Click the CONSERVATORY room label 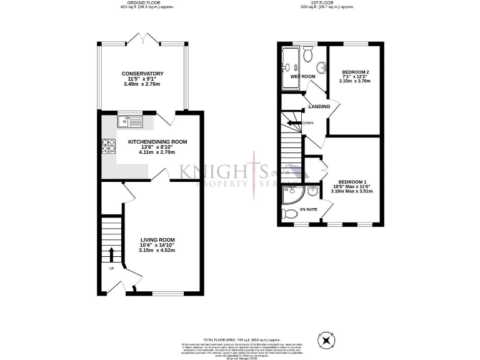[142, 73]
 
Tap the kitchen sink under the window [130, 121]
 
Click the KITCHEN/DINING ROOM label [157, 142]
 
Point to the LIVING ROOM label [157, 240]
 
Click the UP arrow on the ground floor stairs [111, 254]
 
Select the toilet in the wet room [307, 55]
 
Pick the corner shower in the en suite [292, 196]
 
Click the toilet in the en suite [290, 214]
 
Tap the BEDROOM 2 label [355, 72]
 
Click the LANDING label [319, 107]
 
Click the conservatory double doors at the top [142, 41]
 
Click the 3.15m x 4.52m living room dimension [157, 251]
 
